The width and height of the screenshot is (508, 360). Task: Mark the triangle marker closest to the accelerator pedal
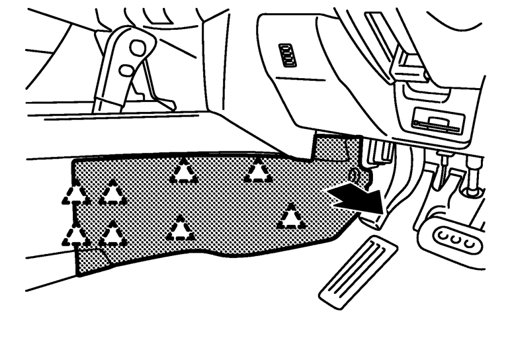point(290,216)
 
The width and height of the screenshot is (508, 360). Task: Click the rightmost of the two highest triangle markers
point(257,171)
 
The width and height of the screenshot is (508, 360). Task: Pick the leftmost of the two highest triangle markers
point(183,171)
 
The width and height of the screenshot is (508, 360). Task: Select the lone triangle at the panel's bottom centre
point(179,229)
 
